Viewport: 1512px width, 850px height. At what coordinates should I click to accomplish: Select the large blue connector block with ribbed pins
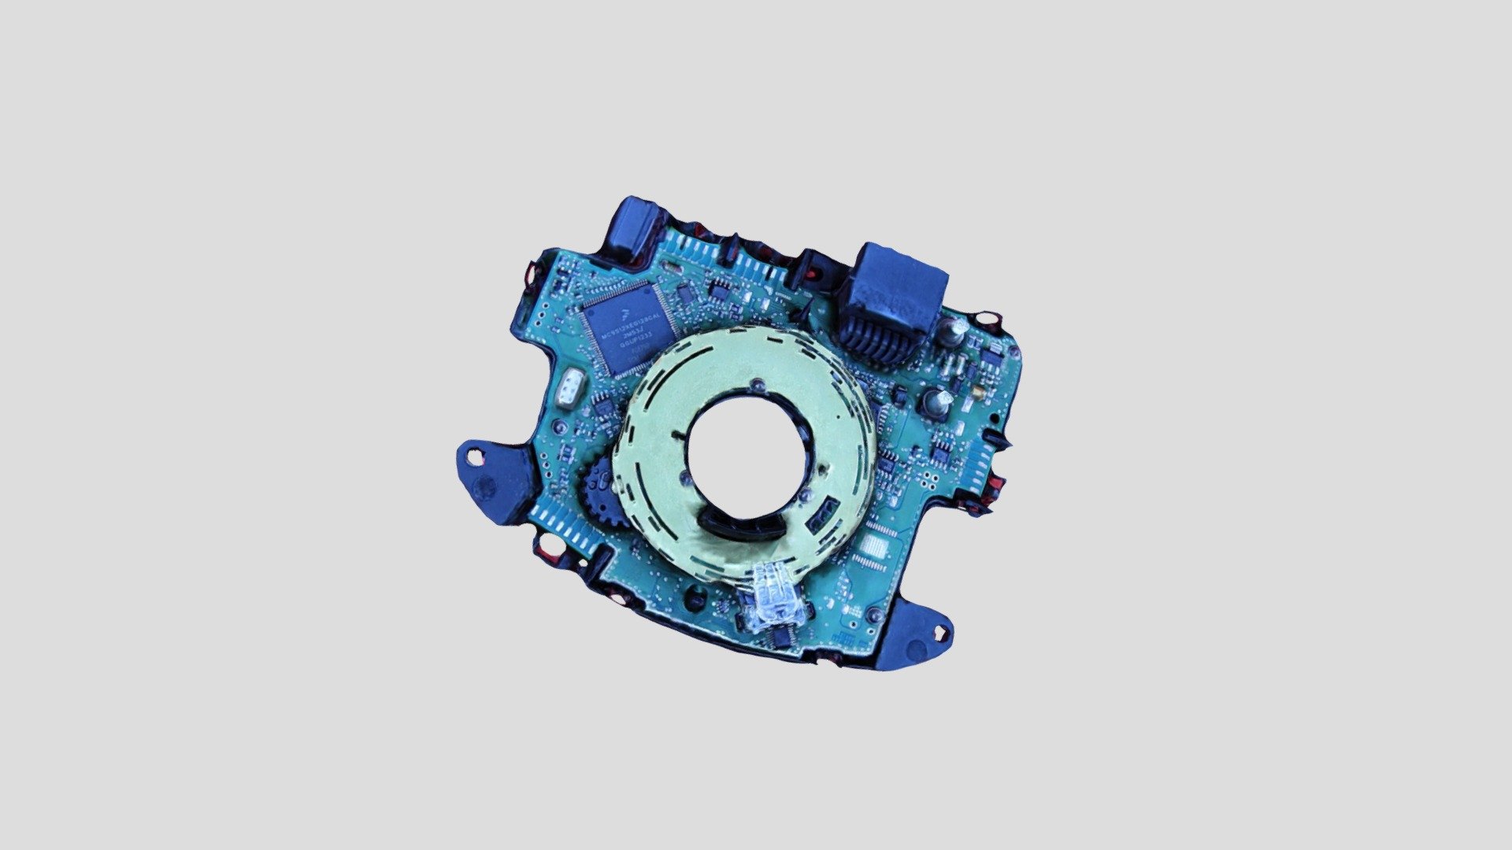tap(895, 303)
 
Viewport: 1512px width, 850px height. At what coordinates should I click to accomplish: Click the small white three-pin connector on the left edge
tap(568, 389)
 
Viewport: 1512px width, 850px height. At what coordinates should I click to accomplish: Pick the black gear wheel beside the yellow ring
tap(605, 492)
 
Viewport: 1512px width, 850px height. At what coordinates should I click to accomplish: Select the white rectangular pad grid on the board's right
tap(872, 545)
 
